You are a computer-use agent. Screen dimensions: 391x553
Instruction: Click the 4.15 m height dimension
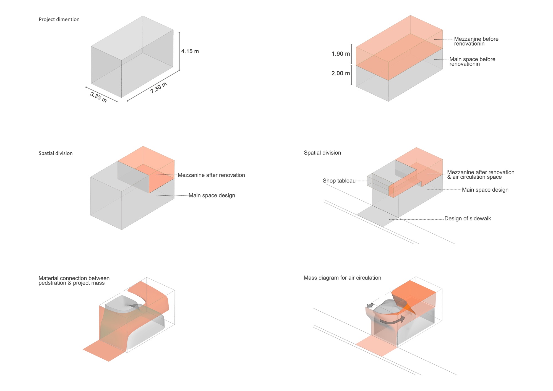click(x=190, y=51)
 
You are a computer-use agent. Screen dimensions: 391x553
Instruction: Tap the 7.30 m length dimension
click(x=159, y=88)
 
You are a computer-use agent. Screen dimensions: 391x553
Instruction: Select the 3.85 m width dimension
click(x=98, y=97)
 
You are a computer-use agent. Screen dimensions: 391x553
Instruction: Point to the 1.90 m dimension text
click(x=341, y=54)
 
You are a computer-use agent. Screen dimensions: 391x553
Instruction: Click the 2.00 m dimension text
click(x=341, y=74)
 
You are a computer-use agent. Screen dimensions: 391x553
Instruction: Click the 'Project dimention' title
click(x=59, y=20)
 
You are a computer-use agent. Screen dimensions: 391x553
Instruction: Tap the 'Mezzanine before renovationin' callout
click(x=476, y=41)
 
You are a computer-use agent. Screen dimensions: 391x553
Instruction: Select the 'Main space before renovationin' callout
click(x=472, y=61)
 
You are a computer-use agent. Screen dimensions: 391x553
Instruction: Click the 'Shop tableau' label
click(x=339, y=181)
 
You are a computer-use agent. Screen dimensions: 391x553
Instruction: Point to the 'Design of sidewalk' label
click(x=468, y=219)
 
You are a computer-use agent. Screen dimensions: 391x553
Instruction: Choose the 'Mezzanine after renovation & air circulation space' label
click(x=481, y=174)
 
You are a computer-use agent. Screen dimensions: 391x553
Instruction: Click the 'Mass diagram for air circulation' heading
click(x=342, y=278)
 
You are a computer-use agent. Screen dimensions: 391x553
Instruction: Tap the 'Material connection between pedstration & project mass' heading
click(x=74, y=280)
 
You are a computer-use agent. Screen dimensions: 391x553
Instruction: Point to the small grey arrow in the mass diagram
click(x=370, y=305)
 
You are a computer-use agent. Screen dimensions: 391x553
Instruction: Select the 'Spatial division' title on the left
click(x=56, y=153)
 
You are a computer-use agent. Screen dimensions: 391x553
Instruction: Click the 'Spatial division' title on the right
click(x=322, y=153)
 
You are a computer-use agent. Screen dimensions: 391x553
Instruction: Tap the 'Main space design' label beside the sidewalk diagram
click(x=485, y=190)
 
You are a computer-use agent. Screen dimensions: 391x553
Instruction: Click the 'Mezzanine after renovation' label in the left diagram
click(x=211, y=175)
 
